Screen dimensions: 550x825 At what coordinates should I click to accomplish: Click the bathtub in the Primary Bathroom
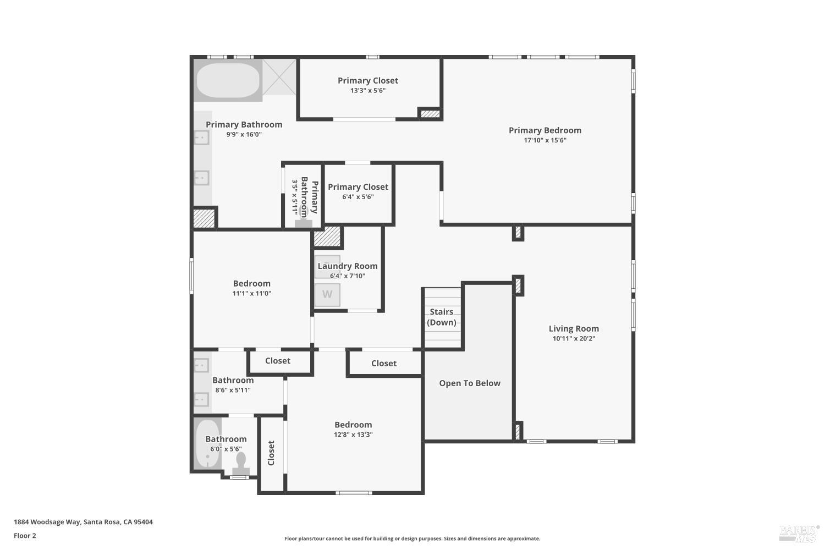click(x=228, y=81)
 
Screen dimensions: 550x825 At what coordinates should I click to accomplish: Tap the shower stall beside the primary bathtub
click(x=279, y=77)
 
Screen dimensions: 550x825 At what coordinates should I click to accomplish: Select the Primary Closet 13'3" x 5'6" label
click(x=368, y=85)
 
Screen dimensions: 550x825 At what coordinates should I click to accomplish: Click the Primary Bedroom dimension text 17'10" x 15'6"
click(x=545, y=140)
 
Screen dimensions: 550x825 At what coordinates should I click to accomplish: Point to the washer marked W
click(x=327, y=295)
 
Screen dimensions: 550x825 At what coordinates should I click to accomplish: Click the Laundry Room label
click(x=348, y=266)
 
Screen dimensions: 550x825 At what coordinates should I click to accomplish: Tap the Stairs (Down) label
click(x=442, y=317)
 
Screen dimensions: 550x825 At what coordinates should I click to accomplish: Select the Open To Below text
click(x=470, y=383)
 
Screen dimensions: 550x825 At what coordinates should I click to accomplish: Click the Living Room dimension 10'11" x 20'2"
click(x=574, y=339)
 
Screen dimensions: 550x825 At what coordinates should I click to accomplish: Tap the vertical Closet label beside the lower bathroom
click(x=271, y=453)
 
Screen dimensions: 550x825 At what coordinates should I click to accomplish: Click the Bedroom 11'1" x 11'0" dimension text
click(x=252, y=294)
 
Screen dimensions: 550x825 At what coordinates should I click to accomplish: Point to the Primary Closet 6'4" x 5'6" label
click(x=358, y=191)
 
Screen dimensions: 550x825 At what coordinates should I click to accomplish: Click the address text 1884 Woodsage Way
click(x=83, y=522)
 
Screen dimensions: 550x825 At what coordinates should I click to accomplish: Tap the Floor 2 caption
click(x=25, y=536)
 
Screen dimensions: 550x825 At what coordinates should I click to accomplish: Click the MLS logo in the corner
click(x=799, y=532)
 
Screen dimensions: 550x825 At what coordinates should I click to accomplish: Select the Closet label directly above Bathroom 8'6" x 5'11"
click(x=278, y=361)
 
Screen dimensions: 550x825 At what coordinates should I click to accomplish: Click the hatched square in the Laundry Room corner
click(x=327, y=237)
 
